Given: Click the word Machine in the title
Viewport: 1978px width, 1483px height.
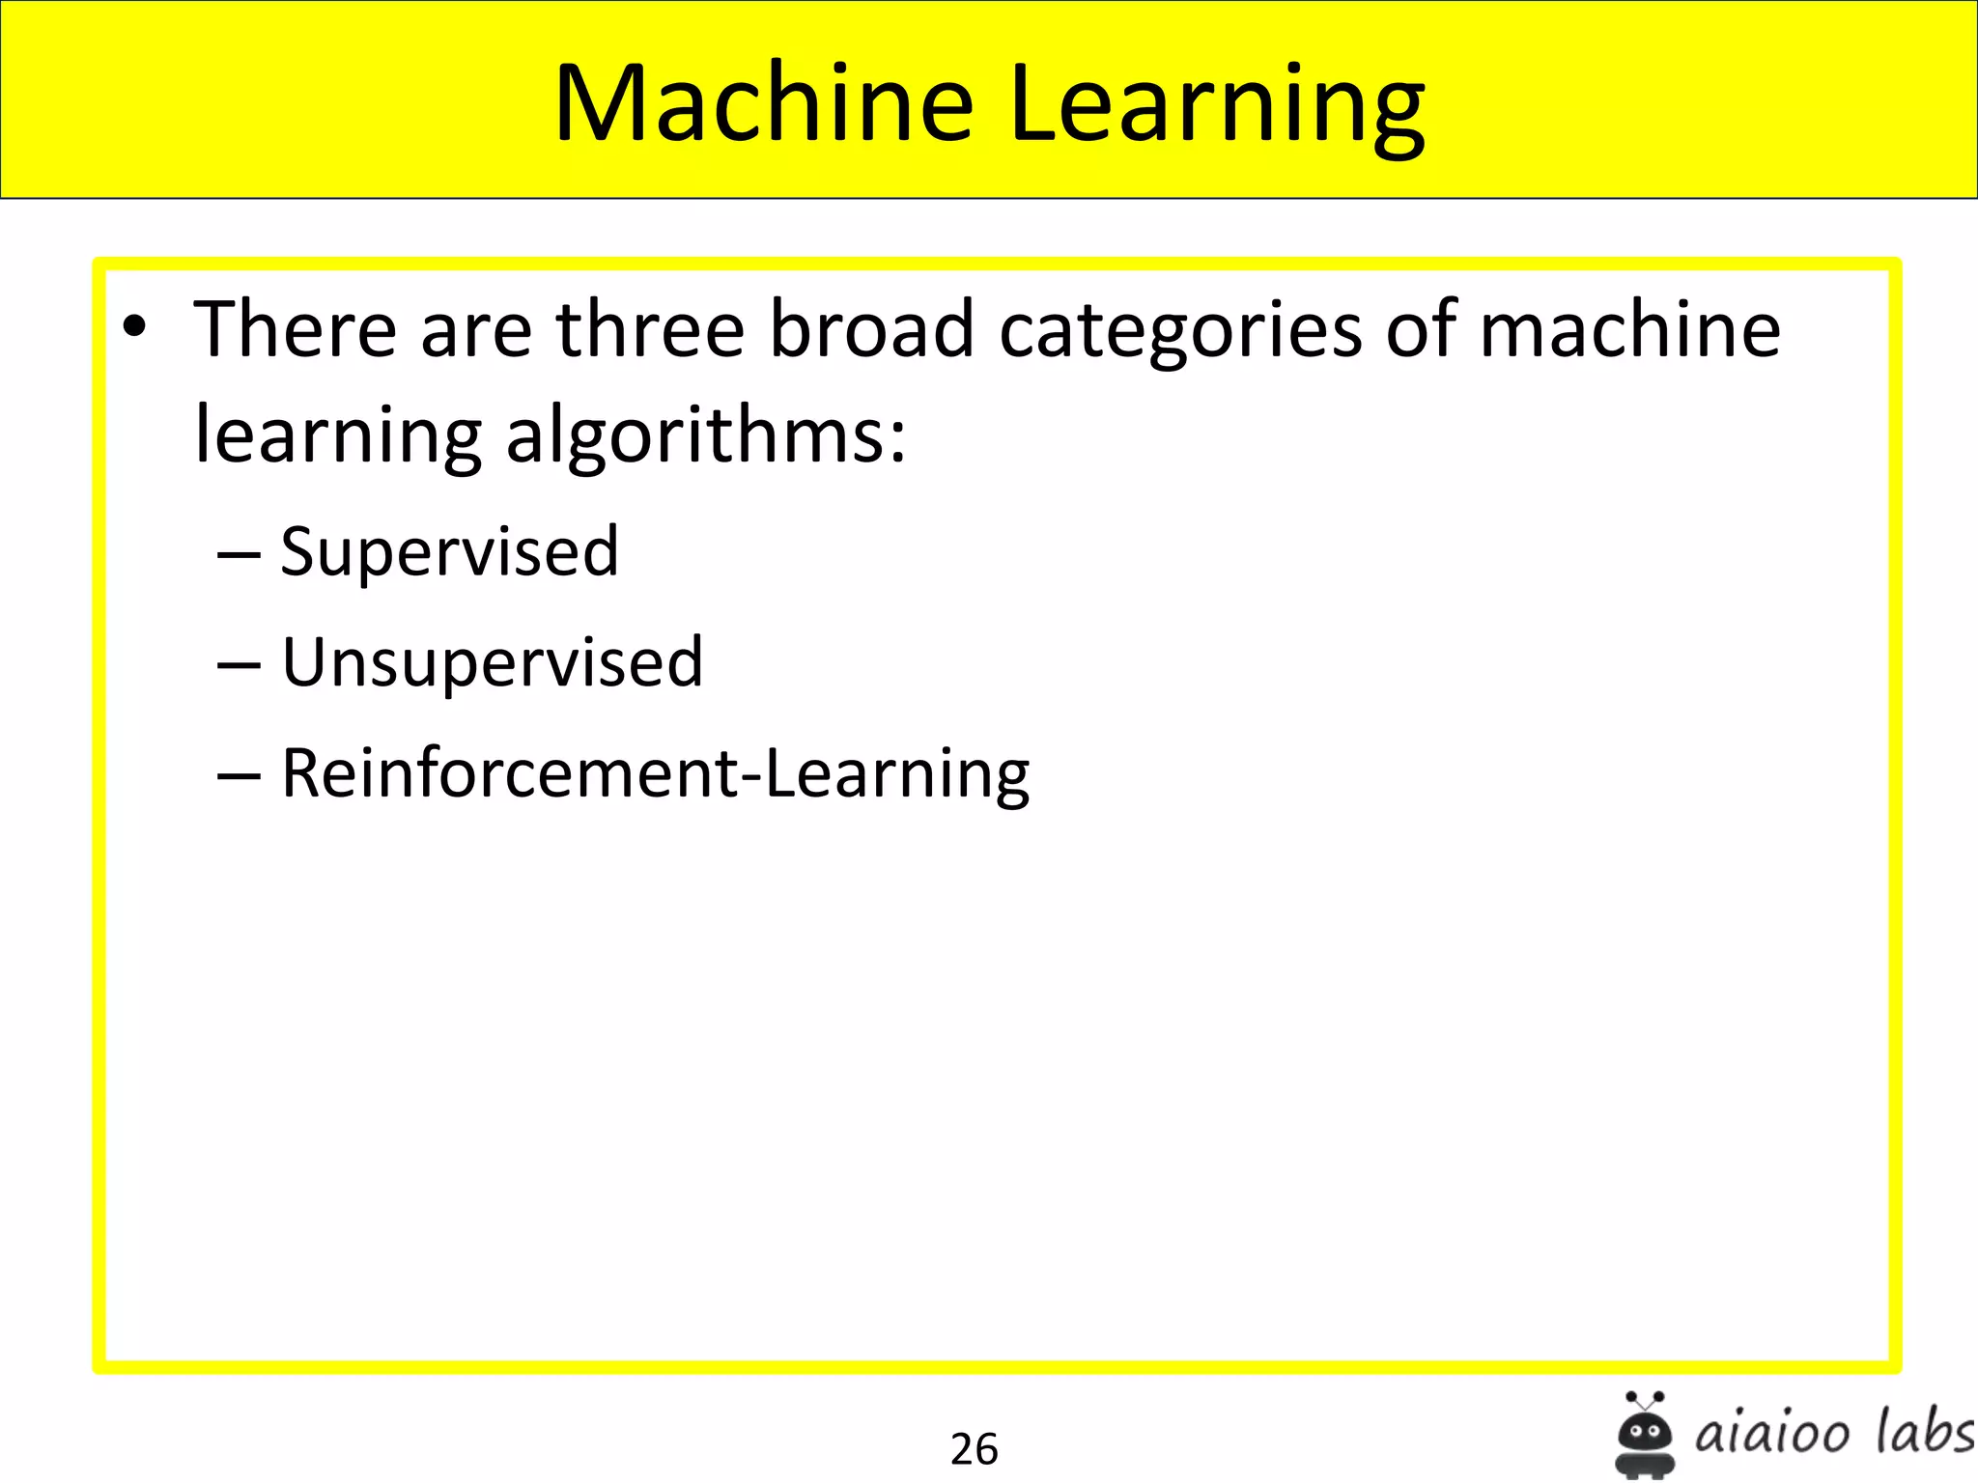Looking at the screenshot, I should coord(763,103).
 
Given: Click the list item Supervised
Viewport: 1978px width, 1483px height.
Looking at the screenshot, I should coord(449,552).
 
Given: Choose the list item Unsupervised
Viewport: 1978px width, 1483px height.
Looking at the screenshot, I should coord(492,663).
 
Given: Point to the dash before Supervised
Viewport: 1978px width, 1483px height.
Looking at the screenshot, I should coord(239,556).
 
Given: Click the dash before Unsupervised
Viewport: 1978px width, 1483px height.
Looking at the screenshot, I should coord(239,667).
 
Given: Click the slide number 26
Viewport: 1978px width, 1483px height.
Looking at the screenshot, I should coord(974,1448).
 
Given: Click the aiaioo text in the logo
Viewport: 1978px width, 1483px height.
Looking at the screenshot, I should coord(1772,1434).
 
